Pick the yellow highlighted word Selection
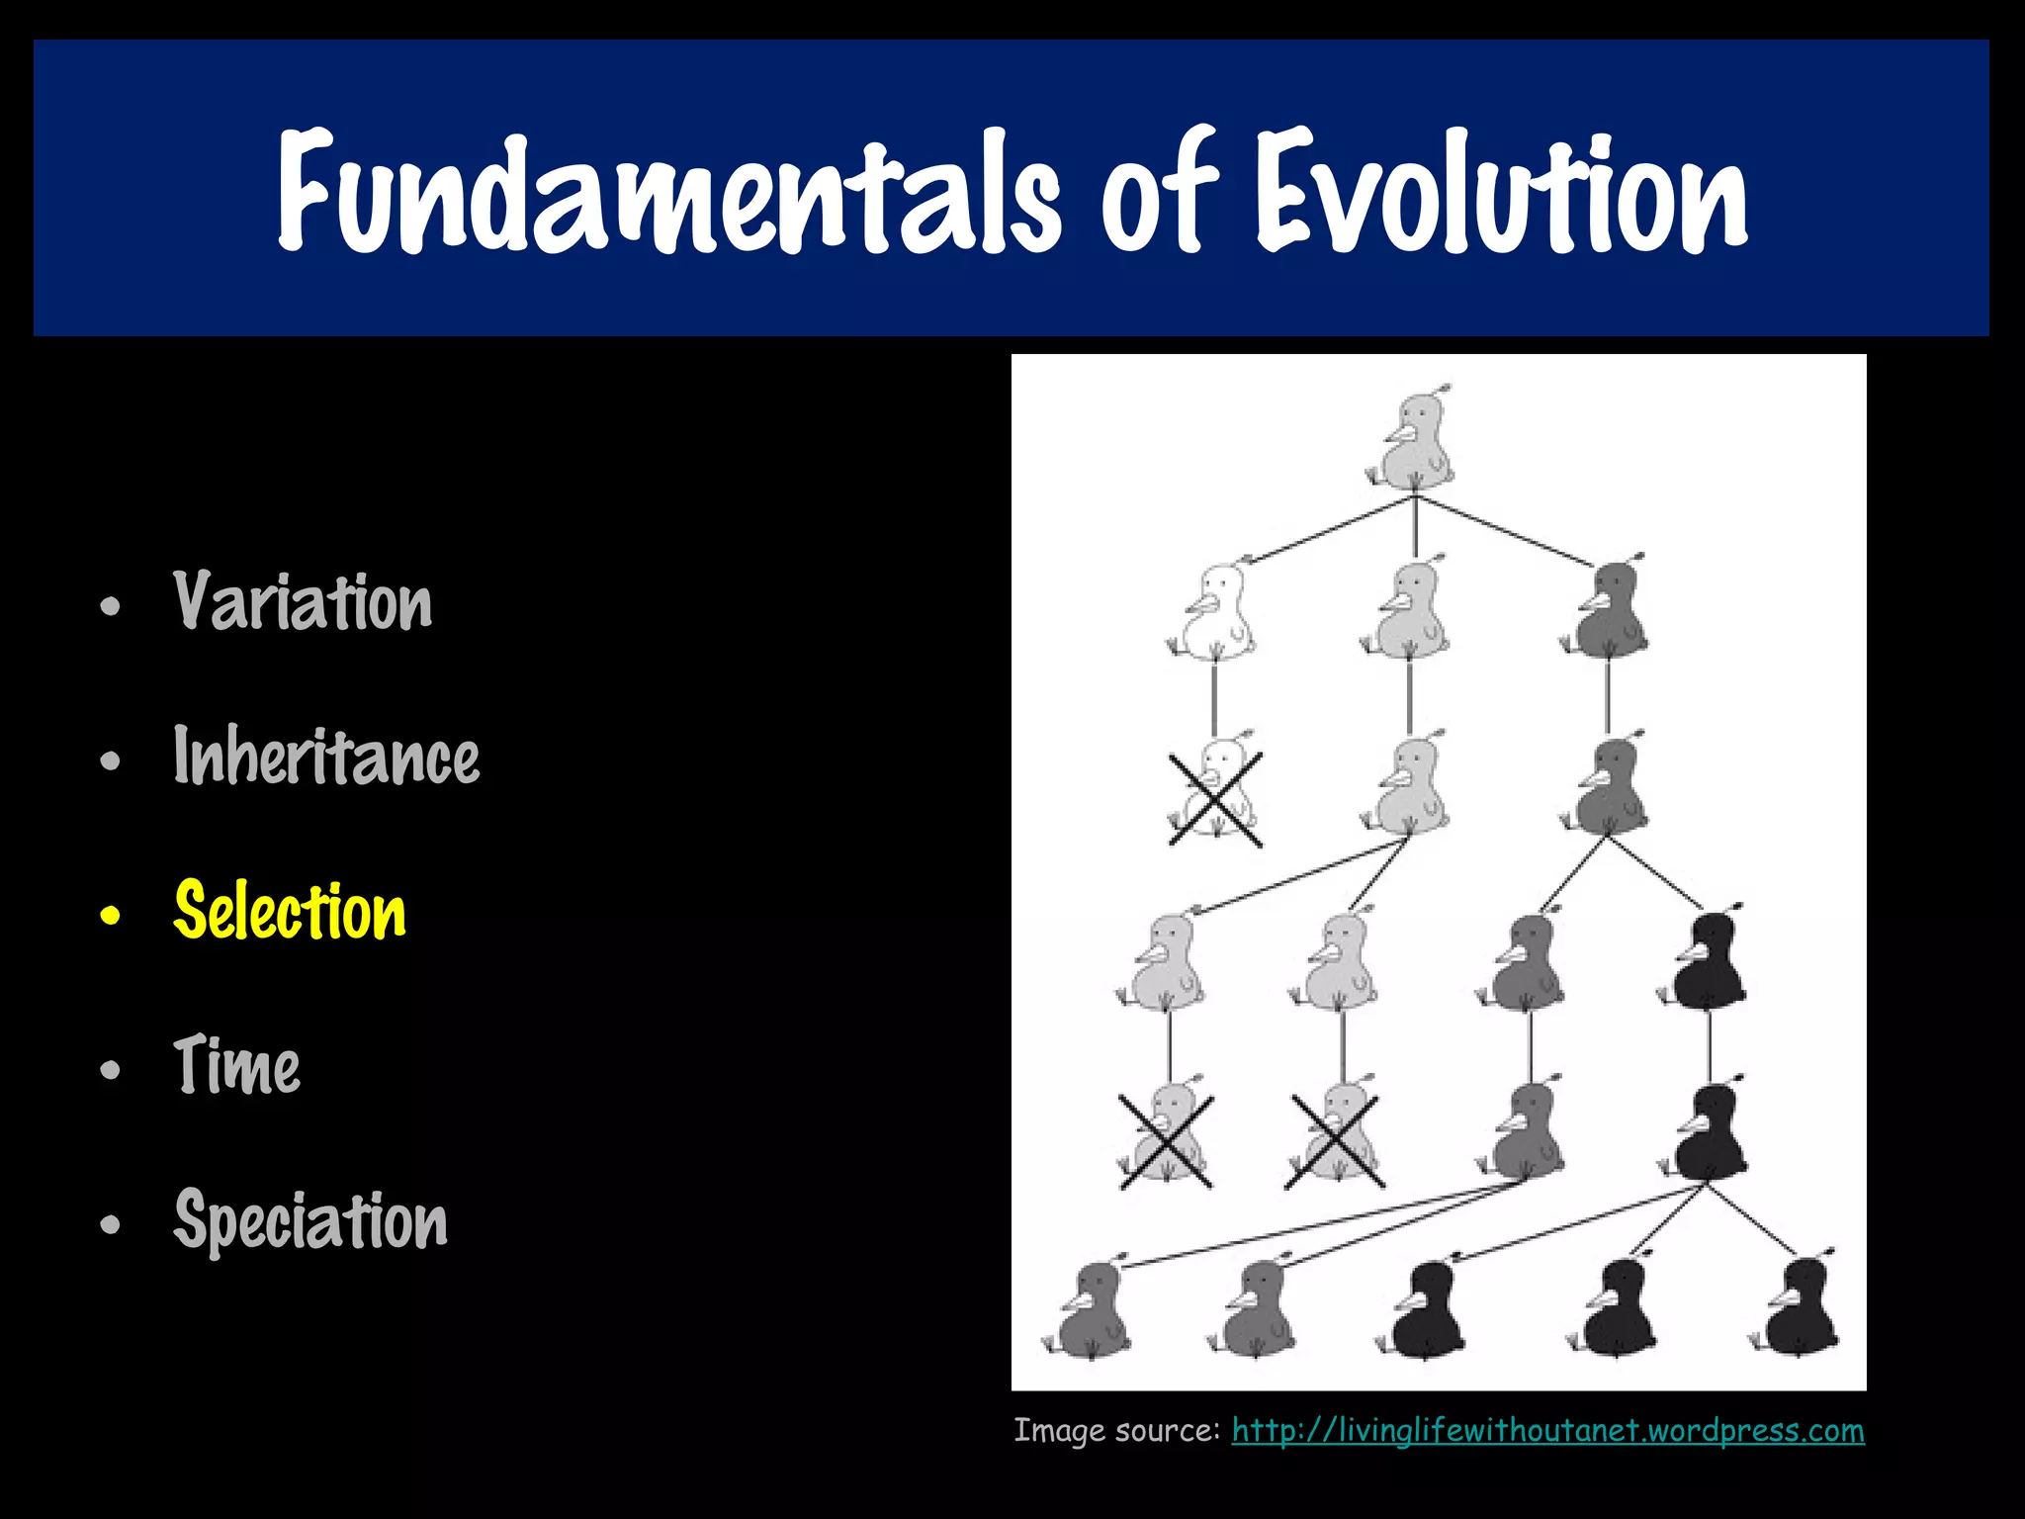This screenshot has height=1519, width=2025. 290,911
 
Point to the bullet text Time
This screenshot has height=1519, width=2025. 236,1065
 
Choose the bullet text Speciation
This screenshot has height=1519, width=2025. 310,1220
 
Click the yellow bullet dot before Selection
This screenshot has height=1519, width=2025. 110,916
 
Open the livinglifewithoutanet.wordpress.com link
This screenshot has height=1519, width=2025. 1547,1430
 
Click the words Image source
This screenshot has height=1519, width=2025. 1116,1430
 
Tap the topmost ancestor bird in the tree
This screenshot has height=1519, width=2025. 1416,441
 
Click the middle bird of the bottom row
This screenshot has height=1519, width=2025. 1428,1310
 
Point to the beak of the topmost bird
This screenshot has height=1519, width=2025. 1397,434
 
